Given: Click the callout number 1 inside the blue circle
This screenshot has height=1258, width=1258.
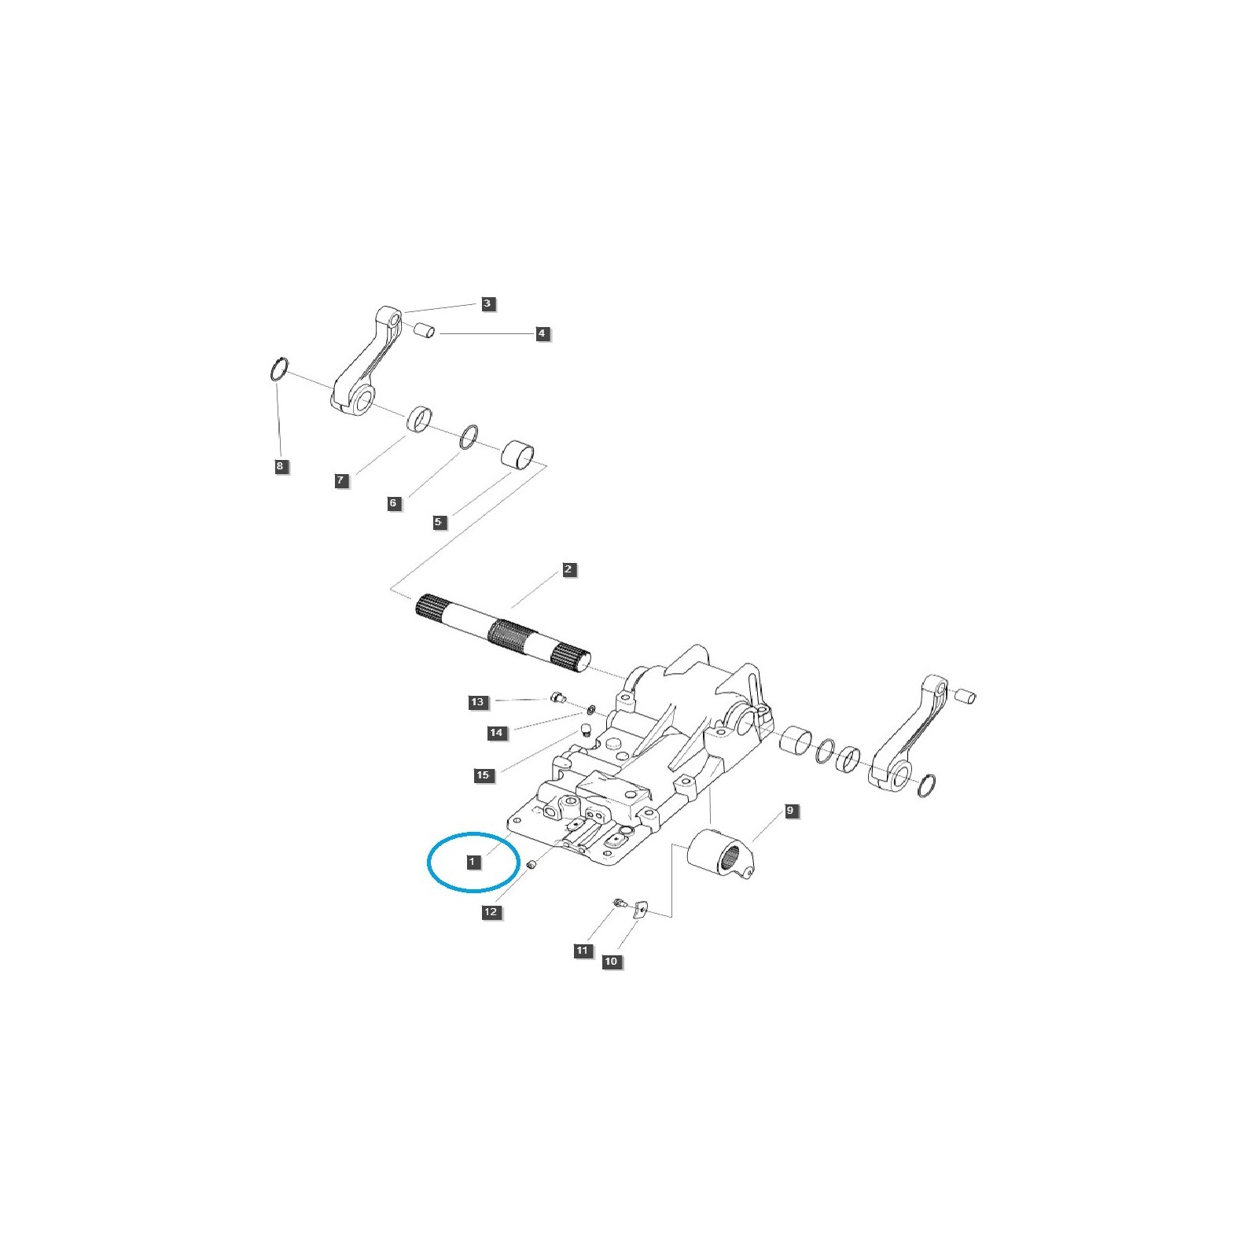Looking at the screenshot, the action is point(472,863).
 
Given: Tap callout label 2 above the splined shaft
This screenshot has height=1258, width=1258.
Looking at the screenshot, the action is point(569,569).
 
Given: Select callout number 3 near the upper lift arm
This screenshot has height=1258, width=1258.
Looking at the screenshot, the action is point(487,303).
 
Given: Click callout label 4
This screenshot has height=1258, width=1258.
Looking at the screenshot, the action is point(542,334).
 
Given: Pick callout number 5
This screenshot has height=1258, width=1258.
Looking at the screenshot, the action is point(440,522).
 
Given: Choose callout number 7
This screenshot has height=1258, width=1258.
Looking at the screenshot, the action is point(341,480).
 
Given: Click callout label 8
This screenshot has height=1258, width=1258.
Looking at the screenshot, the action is point(280,466).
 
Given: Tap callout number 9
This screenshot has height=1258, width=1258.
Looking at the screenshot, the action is point(791,811).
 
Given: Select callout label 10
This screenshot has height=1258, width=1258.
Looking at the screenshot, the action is point(611,962).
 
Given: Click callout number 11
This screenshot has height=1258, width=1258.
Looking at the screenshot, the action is point(583,951).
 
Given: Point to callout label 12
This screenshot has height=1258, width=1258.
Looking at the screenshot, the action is point(491,912).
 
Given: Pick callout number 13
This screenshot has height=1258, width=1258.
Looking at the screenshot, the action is point(478,702).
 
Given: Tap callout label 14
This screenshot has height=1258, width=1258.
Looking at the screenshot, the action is point(496,733).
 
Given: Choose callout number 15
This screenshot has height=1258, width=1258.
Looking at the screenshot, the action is point(483,775).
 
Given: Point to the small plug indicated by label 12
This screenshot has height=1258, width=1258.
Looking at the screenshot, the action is point(531,865).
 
